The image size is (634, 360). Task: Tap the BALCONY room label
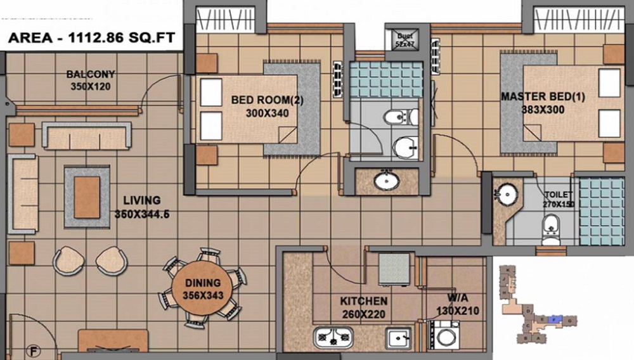tap(91, 74)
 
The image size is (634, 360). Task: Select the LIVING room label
tap(141, 200)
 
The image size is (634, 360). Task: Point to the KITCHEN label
tap(363, 301)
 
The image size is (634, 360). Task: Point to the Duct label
tap(404, 37)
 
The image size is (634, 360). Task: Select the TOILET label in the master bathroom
tap(557, 195)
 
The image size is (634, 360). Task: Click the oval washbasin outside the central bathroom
tap(386, 182)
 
